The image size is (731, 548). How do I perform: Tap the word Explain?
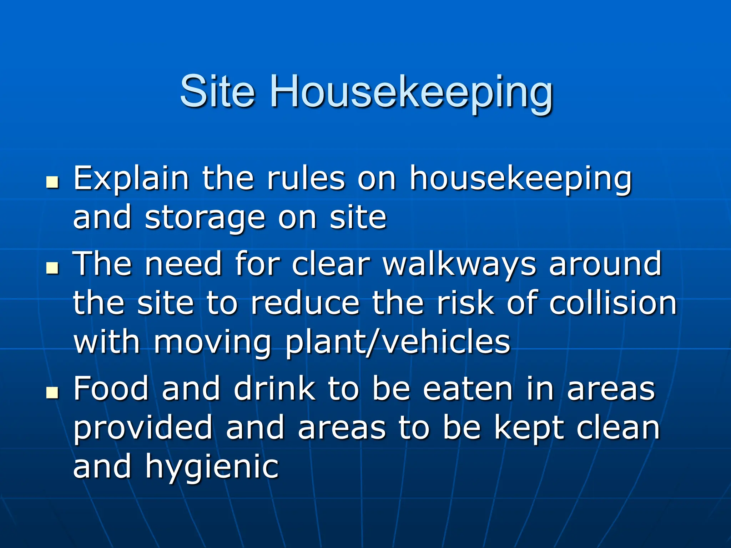(131, 179)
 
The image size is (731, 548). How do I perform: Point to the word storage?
(205, 218)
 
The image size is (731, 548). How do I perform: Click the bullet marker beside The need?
(52, 268)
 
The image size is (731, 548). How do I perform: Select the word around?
(605, 264)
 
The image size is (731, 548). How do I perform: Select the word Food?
(111, 389)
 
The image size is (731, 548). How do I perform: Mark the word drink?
(274, 389)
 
